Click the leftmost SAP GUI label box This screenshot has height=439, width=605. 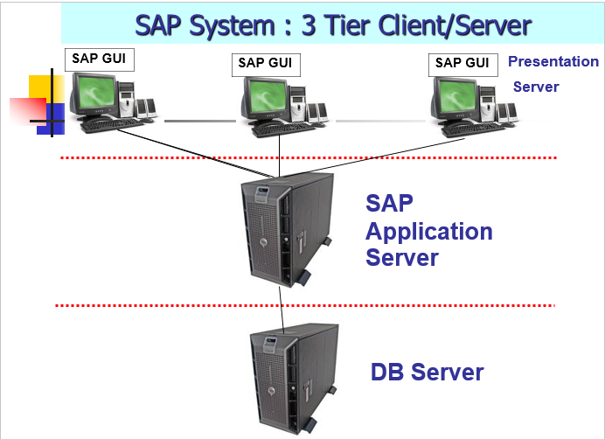pos(99,59)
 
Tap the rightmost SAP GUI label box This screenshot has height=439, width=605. pos(461,62)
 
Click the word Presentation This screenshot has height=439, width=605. pos(553,62)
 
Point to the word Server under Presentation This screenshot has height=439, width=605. pos(535,87)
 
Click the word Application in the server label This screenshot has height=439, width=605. pos(428,232)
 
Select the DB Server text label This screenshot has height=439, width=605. pos(427,372)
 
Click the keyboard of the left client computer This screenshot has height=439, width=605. pos(112,124)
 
